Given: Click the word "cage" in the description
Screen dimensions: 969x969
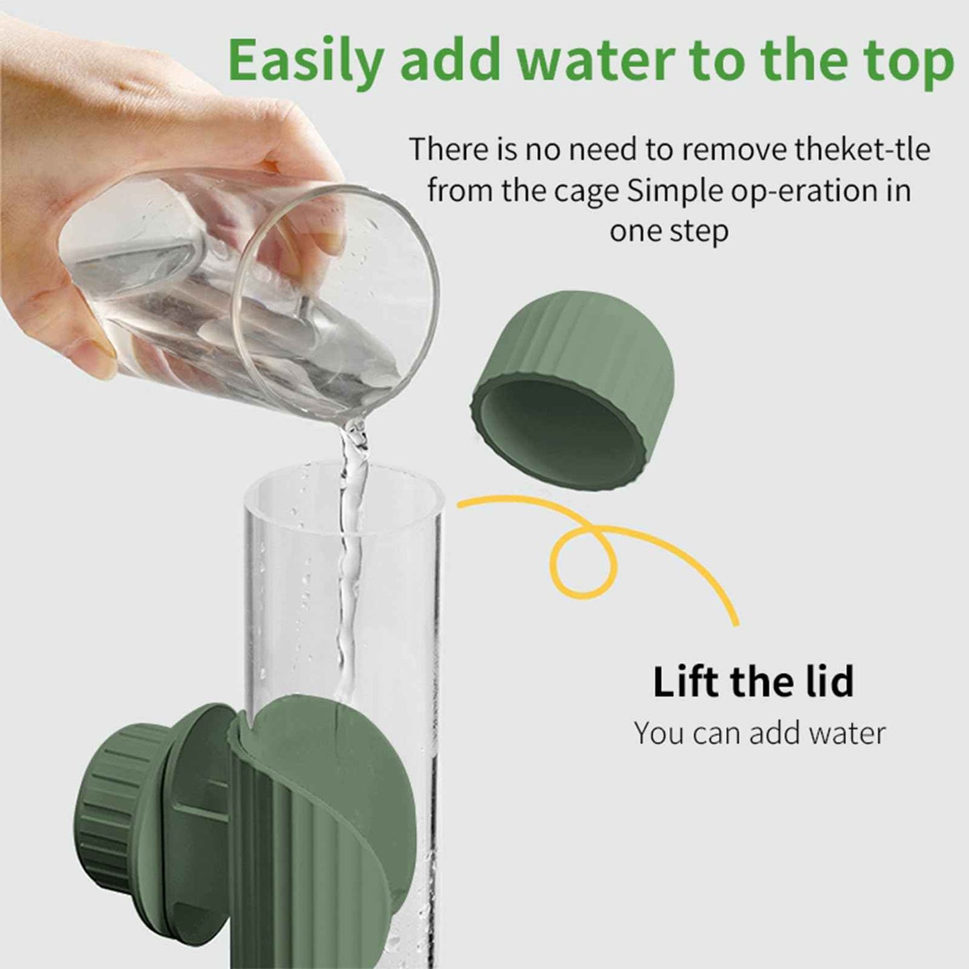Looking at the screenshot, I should [590, 191].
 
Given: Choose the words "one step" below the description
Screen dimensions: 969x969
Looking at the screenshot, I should [669, 231].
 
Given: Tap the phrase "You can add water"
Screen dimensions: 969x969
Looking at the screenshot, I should [760, 733].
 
